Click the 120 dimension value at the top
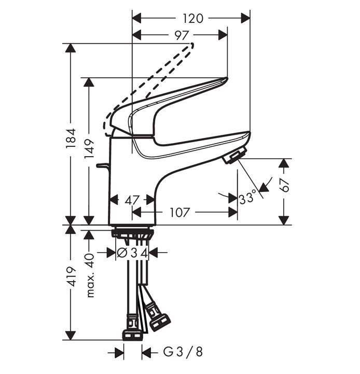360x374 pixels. [x=192, y=18]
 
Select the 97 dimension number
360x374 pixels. [x=181, y=35]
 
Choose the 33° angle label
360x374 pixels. [x=247, y=198]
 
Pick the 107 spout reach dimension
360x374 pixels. [x=179, y=212]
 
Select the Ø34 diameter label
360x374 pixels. [x=133, y=253]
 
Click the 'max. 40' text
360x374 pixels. [x=90, y=275]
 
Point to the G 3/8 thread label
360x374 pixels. [x=183, y=353]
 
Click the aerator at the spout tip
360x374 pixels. [x=234, y=155]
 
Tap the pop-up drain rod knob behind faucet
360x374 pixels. [x=101, y=167]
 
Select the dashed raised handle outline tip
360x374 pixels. [x=191, y=46]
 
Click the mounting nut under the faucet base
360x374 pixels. [x=133, y=233]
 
